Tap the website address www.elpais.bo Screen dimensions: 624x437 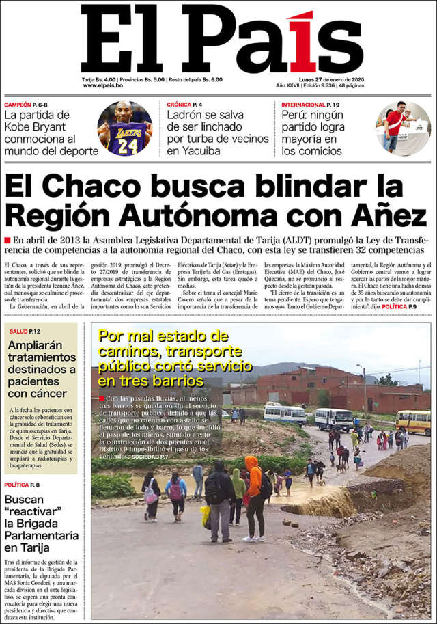click(103, 86)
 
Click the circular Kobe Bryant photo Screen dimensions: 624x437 click(124, 128)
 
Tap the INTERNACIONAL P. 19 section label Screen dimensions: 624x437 click(310, 105)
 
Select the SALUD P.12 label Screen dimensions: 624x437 click(25, 331)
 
